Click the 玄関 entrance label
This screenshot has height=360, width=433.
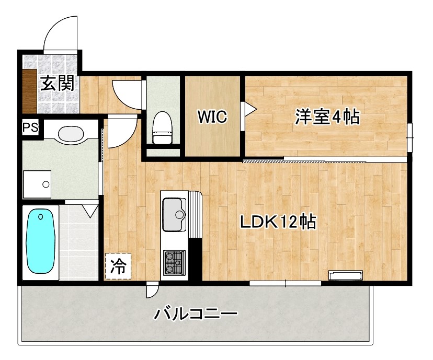(57, 84)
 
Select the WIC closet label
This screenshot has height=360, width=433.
(212, 117)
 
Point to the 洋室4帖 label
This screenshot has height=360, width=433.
(327, 117)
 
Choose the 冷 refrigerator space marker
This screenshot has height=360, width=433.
(118, 266)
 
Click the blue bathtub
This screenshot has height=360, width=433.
(41, 241)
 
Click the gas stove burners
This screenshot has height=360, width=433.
(175, 262)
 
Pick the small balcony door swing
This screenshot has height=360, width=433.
(152, 290)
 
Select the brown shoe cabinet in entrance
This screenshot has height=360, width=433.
(29, 91)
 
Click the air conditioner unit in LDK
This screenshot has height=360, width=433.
(345, 275)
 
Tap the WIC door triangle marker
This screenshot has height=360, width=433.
(249, 109)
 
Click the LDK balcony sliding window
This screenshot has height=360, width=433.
(285, 283)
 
